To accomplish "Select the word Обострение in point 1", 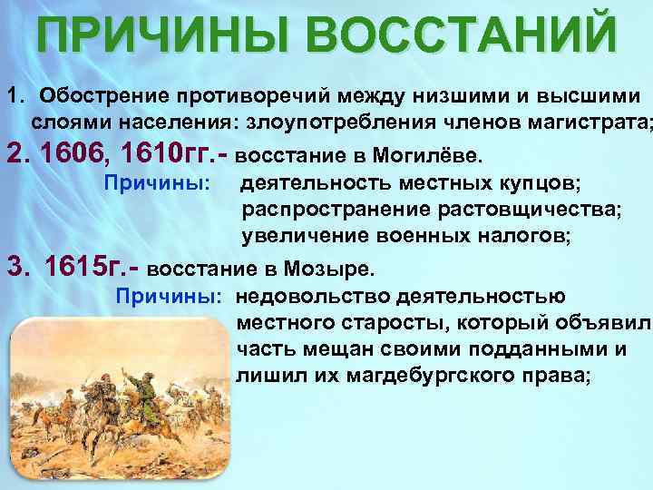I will tap(100, 96).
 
